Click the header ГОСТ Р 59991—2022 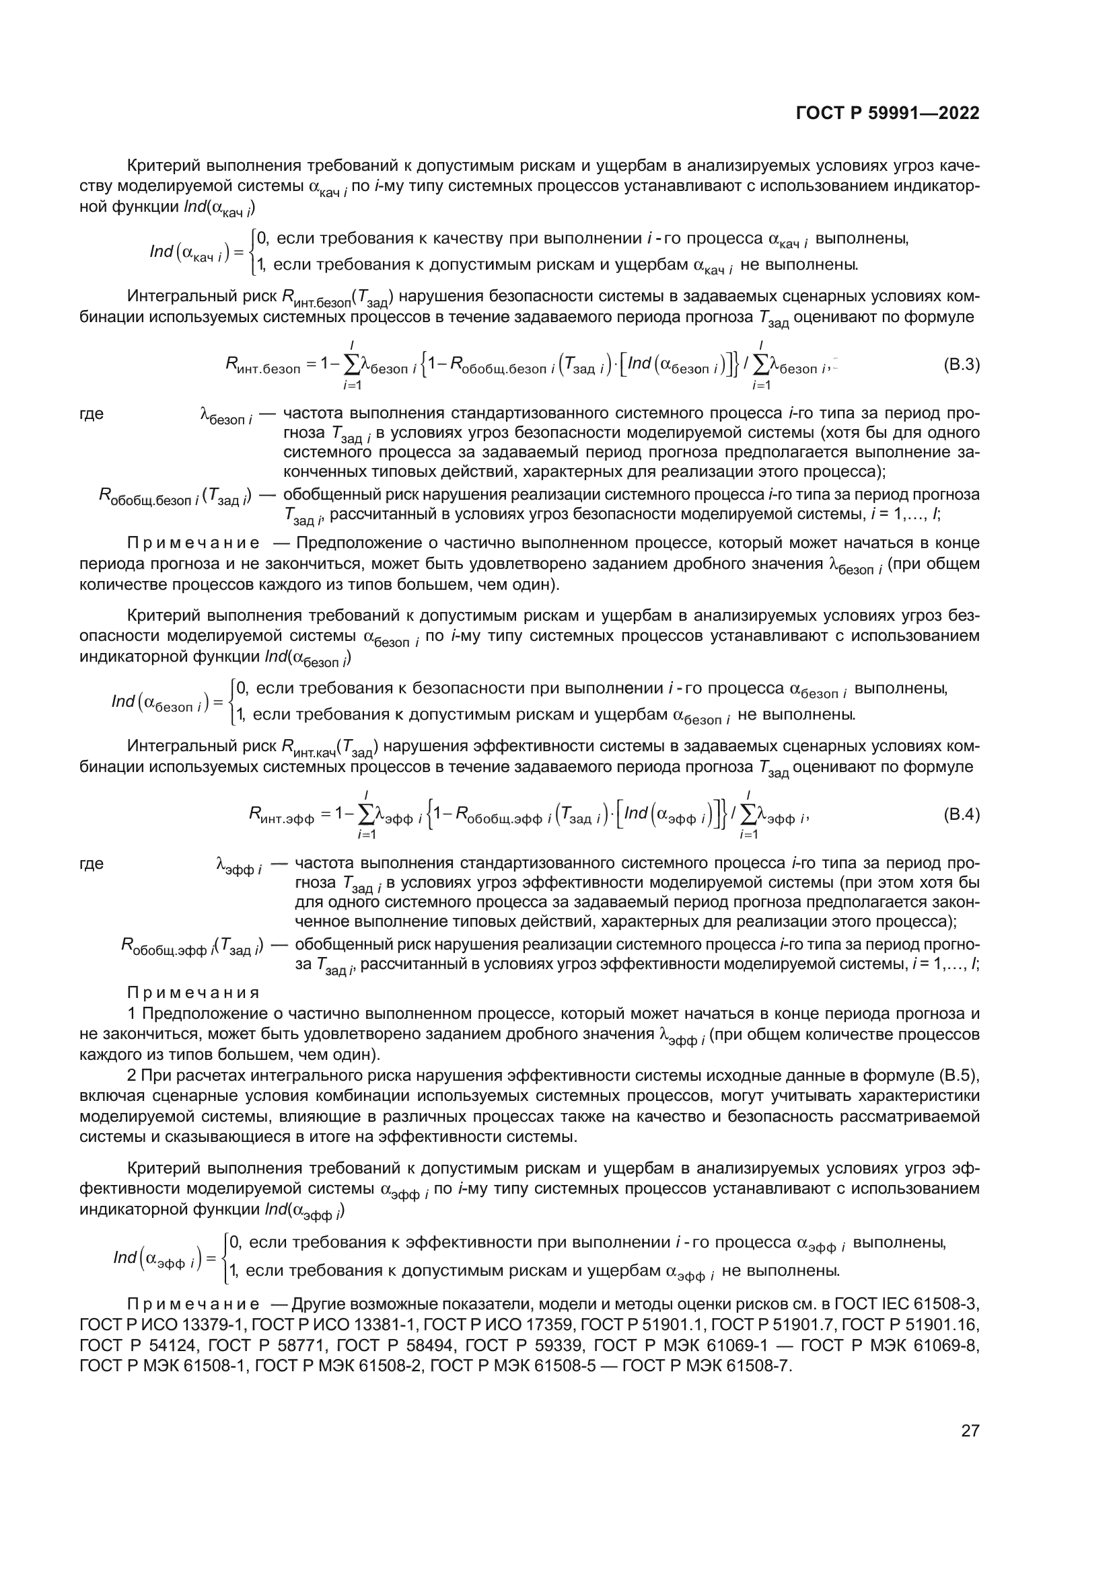pos(888,114)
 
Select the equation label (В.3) pos(961,365)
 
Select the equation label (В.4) pos(961,814)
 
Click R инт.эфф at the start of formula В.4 pos(281,815)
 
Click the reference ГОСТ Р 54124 pos(137,1345)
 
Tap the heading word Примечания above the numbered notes pos(193,993)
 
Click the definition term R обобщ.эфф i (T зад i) pos(192,946)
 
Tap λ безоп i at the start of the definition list pos(225,416)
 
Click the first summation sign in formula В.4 pos(365,814)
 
